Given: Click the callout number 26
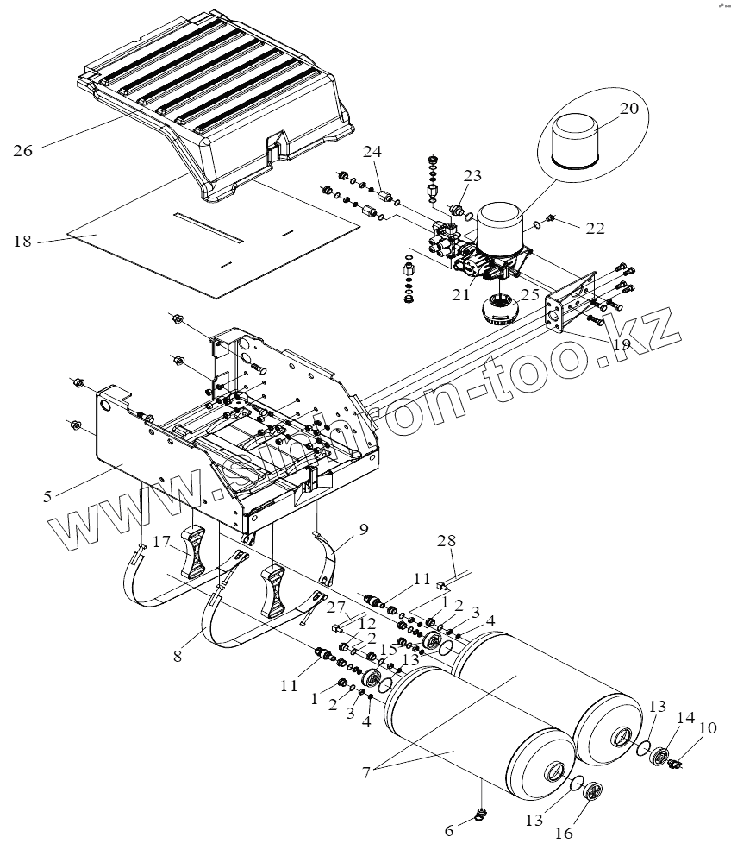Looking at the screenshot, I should [x=22, y=150].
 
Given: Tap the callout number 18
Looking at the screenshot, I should [x=22, y=242].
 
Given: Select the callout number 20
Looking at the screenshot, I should [x=629, y=109].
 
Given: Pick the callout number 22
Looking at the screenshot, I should [x=595, y=229].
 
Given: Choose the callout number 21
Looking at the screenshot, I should [x=461, y=294].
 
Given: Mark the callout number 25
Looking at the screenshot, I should [x=529, y=294].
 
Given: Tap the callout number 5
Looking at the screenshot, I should [x=47, y=495].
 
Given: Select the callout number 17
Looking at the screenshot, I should [x=162, y=542].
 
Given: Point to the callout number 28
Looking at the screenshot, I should [x=445, y=540].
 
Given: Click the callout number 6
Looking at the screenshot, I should [x=448, y=830].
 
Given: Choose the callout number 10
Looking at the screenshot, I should [x=707, y=729].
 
